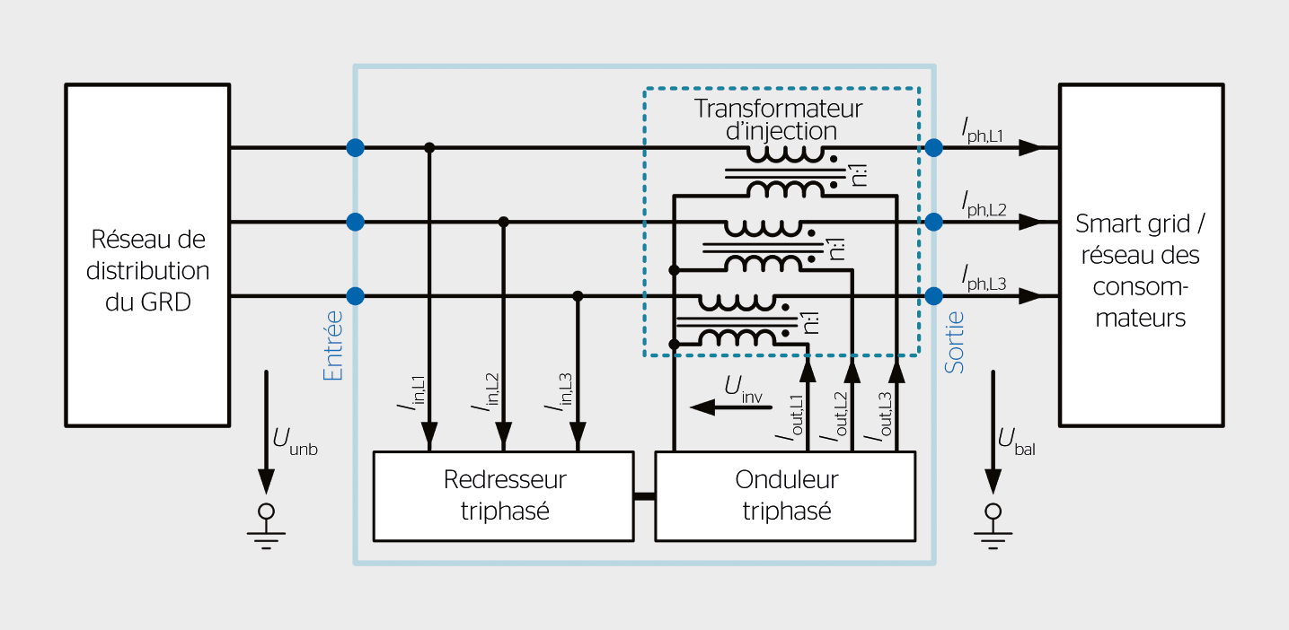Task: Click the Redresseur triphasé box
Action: tap(505, 495)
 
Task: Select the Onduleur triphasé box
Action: tap(785, 495)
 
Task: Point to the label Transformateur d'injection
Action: tap(778, 119)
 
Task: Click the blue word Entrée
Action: tap(333, 346)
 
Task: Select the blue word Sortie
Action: tap(955, 342)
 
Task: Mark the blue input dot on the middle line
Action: tap(355, 222)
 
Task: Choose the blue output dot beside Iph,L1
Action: tap(934, 147)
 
